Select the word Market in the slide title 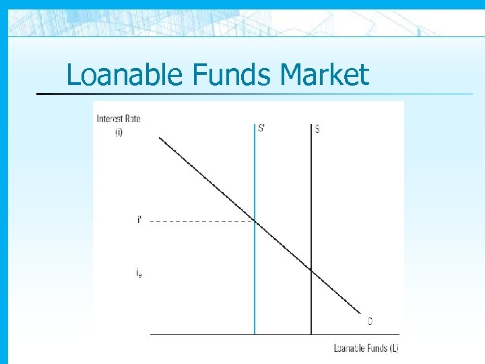[x=325, y=74]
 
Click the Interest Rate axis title [x=119, y=119]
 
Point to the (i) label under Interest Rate [x=119, y=132]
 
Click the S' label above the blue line [x=261, y=129]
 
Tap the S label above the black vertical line [x=317, y=129]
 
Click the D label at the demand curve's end [x=370, y=322]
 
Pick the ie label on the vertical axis [x=139, y=272]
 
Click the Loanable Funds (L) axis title [x=366, y=348]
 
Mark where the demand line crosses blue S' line [x=255, y=221]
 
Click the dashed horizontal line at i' [x=202, y=221]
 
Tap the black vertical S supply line [x=311, y=202]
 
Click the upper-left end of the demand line [x=160, y=138]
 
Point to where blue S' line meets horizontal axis [x=255, y=334]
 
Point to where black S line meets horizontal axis [x=311, y=334]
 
